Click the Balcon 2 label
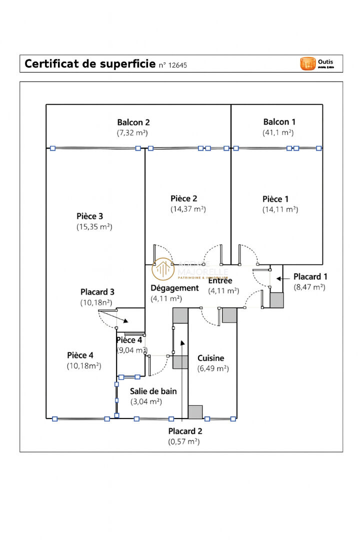click(x=133, y=122)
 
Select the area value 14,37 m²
click(x=188, y=209)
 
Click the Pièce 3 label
click(x=90, y=216)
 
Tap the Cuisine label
click(x=211, y=358)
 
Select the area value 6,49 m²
click(x=213, y=368)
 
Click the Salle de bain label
click(x=153, y=391)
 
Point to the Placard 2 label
click(x=185, y=431)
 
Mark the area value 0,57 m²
click(x=184, y=441)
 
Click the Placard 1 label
click(x=310, y=276)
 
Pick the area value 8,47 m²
click(x=310, y=287)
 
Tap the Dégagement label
click(x=174, y=288)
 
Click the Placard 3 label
click(x=97, y=292)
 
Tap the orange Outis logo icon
click(x=307, y=63)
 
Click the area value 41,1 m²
click(x=278, y=132)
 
